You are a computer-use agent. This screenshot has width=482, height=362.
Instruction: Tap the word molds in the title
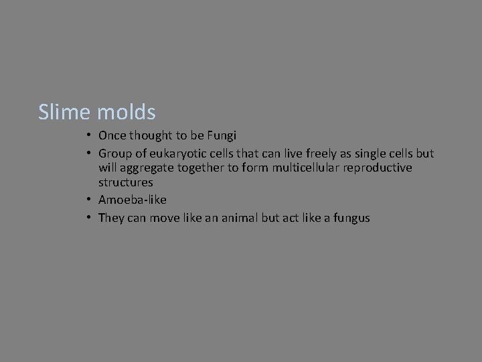(127, 112)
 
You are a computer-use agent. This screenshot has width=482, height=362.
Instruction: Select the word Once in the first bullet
(112, 135)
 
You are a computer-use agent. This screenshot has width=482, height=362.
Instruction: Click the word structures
(125, 182)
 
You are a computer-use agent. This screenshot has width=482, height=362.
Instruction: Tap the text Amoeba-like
(132, 200)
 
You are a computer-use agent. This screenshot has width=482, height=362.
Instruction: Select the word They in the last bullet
(110, 217)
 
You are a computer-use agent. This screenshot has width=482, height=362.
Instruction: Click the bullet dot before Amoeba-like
(89, 200)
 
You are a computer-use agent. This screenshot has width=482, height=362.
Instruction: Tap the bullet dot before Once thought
(89, 135)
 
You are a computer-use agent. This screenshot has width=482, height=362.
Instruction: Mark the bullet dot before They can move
(89, 217)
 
